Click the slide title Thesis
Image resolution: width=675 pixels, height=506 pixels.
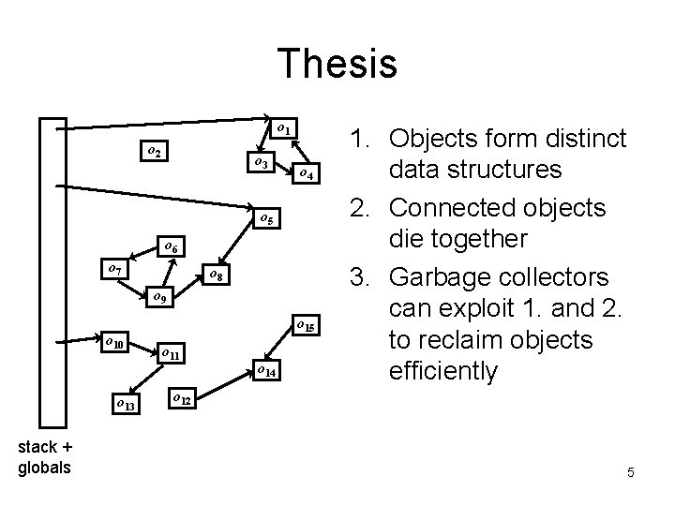tap(337, 65)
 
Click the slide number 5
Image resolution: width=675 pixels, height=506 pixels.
tap(631, 473)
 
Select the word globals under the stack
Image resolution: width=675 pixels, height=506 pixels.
tap(44, 468)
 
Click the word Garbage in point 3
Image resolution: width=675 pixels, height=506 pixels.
tap(445, 278)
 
